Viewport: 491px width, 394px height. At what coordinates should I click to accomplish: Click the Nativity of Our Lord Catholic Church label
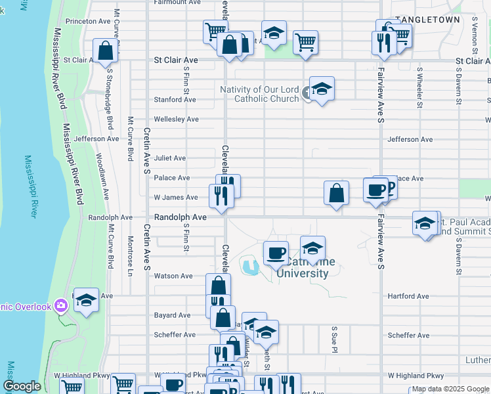pos(259,94)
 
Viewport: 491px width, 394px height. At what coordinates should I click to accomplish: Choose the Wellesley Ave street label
pos(175,120)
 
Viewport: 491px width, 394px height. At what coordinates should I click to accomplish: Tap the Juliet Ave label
pos(170,158)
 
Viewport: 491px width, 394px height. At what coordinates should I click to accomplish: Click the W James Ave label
pos(175,197)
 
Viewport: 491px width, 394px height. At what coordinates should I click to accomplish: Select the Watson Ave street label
pos(173,276)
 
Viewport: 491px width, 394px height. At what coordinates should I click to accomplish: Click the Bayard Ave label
pos(172,315)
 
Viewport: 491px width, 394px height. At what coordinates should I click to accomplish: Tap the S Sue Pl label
pos(334,338)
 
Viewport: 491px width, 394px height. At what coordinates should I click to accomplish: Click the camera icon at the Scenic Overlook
pos(61,305)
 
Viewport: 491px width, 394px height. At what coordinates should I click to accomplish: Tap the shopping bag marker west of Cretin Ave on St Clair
pos(105,51)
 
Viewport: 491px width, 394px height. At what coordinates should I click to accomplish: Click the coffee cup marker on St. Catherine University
pos(276,253)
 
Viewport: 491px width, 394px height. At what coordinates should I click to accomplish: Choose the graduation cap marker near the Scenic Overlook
pos(86,300)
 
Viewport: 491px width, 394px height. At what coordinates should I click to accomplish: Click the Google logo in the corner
pos(22,387)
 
